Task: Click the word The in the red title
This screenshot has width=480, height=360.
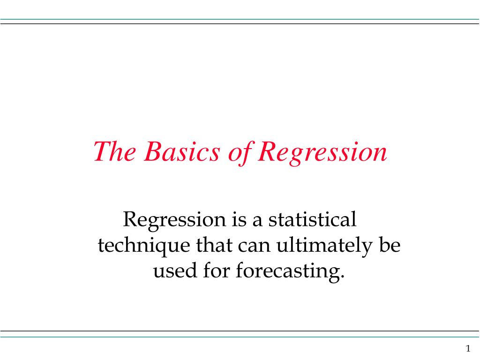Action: click(115, 151)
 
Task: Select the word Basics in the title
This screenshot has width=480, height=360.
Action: click(182, 151)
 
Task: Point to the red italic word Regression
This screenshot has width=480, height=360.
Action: click(322, 153)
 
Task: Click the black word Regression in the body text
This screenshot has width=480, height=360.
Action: click(174, 220)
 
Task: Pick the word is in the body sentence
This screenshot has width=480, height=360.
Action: click(239, 219)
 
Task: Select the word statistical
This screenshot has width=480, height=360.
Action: click(312, 219)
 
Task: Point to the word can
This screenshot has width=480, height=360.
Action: click(254, 247)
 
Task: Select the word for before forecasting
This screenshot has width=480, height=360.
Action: click(217, 270)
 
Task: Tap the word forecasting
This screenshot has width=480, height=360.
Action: click(290, 272)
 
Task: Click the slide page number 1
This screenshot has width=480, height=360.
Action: click(468, 348)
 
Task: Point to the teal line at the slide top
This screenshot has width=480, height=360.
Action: click(240, 19)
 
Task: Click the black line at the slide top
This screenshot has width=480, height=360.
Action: click(240, 23)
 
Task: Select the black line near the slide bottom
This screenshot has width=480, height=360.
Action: click(240, 331)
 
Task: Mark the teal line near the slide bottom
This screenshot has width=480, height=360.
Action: click(240, 337)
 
